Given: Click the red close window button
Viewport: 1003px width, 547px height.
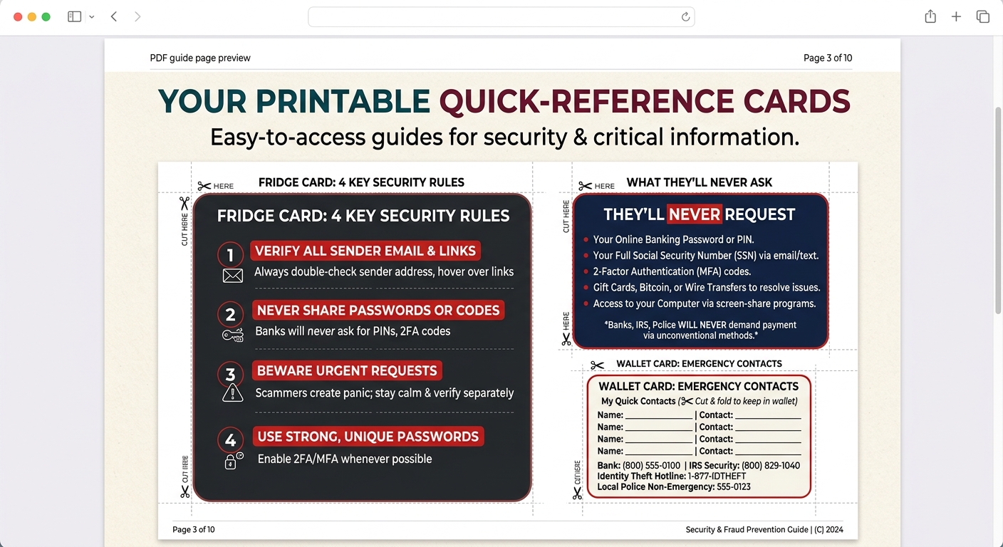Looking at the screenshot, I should pos(18,16).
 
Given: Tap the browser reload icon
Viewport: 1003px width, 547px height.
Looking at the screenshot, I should pos(685,17).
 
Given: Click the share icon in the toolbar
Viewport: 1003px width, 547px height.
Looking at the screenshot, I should pos(930,16).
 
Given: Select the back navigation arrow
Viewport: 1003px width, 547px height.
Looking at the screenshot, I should pos(114,16).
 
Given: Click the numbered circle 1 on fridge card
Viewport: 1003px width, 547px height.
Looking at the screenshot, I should pos(230,255).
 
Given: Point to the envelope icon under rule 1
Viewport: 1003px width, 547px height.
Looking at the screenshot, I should pos(233,276).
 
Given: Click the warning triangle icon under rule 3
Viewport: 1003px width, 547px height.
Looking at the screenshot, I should pos(232,392).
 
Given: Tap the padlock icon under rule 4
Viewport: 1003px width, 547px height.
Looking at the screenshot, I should pos(231,462).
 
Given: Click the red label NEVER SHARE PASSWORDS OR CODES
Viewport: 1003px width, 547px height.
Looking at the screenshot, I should pos(378,311).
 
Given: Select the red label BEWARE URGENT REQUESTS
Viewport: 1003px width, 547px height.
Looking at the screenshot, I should pos(347,371).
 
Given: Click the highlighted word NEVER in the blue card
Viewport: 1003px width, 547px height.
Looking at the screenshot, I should pos(694,214).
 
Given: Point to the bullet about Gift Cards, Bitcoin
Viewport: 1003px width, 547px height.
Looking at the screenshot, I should pos(706,288).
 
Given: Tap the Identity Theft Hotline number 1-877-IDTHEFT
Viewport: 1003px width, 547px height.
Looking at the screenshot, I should pos(717,476).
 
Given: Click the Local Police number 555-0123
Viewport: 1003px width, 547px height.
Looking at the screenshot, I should pos(734,487).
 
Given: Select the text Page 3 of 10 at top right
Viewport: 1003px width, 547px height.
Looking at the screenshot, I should pos(827,58).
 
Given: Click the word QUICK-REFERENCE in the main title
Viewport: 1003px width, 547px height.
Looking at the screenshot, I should pos(587,102).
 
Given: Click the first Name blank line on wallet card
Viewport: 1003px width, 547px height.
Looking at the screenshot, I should pos(659,416).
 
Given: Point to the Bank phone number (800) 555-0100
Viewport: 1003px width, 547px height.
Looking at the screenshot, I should pos(651,466).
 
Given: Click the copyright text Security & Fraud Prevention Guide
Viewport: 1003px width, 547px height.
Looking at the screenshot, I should pos(747,530).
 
